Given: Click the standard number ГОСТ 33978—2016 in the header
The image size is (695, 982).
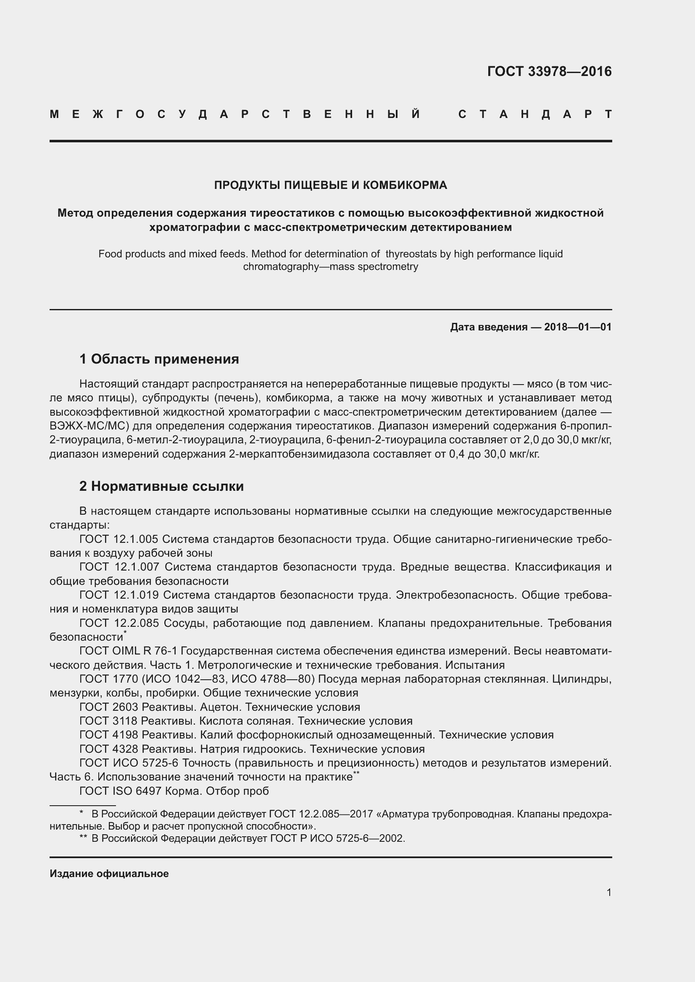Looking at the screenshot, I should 549,71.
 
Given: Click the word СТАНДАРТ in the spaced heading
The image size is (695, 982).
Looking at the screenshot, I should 535,115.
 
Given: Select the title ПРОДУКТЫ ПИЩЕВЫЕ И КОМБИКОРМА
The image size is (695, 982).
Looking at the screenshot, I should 330,185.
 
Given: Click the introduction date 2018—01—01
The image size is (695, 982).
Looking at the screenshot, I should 577,327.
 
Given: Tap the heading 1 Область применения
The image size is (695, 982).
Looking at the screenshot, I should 159,359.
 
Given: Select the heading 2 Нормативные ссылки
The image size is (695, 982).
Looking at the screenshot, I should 161,486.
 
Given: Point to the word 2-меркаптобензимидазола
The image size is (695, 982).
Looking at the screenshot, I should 299,454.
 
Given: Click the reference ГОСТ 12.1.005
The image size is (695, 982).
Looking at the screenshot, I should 119,539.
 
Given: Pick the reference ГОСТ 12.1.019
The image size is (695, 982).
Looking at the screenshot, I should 119,595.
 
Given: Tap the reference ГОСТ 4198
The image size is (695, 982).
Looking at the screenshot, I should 109,735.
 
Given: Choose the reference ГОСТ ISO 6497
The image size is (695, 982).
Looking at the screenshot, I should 120,791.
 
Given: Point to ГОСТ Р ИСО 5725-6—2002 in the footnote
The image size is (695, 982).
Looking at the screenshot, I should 337,838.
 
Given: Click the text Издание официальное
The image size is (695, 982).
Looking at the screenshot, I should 109,874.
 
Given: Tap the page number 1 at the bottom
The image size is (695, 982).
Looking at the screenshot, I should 608,893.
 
